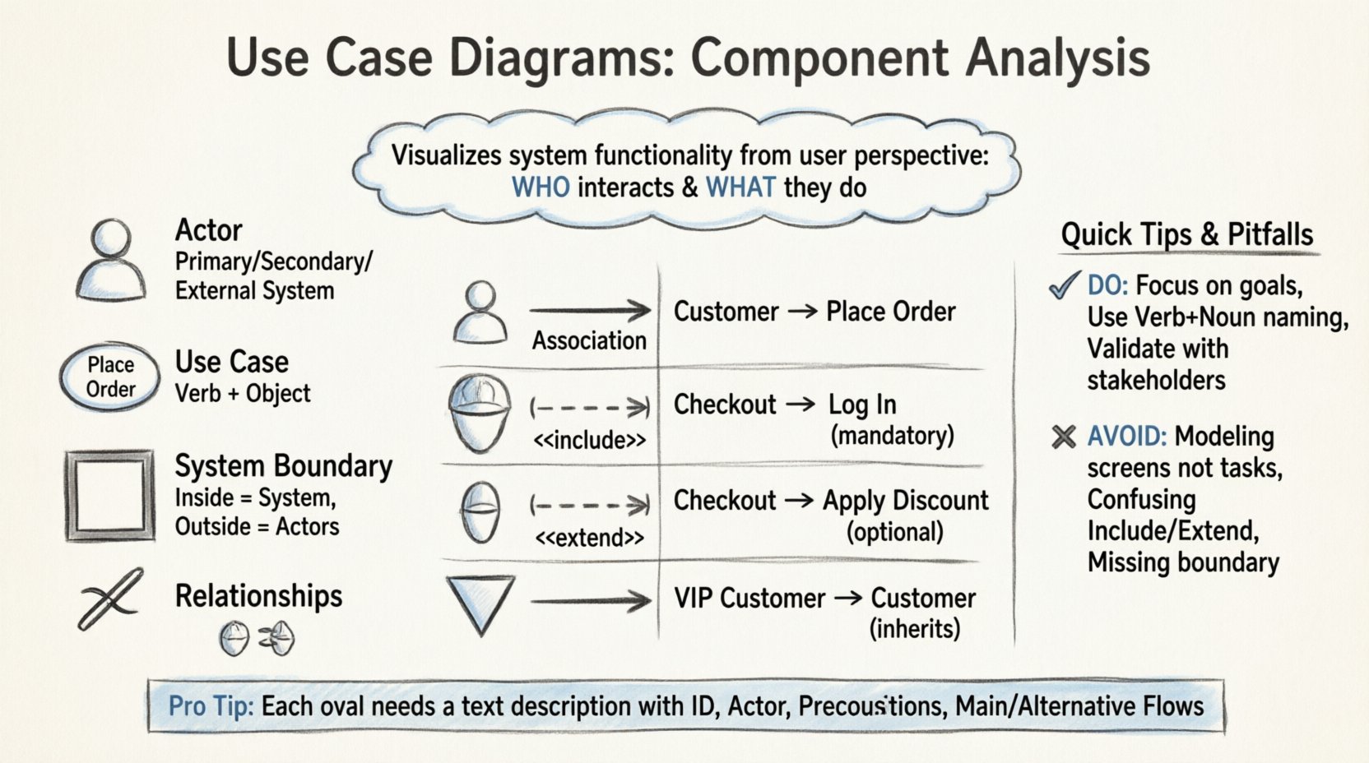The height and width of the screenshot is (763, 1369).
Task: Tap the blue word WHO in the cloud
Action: click(x=541, y=187)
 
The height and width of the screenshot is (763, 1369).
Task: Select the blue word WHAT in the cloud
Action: click(x=740, y=187)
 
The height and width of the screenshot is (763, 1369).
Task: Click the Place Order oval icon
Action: click(x=110, y=377)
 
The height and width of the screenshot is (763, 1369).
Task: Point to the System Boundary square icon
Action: click(x=110, y=495)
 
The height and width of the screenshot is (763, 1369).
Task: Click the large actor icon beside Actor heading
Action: click(x=111, y=260)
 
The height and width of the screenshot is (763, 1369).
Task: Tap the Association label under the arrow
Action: click(x=589, y=340)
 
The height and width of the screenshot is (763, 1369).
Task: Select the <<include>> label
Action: click(x=589, y=441)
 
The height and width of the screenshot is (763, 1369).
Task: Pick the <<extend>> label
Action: click(x=589, y=538)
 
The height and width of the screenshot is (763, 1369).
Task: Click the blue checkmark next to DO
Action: click(x=1064, y=286)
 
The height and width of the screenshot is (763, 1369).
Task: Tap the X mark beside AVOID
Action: click(x=1064, y=437)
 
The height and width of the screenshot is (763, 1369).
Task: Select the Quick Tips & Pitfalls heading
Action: click(x=1186, y=235)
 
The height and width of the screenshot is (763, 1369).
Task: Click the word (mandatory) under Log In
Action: click(x=892, y=435)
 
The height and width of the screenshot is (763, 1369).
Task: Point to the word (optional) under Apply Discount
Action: click(x=894, y=532)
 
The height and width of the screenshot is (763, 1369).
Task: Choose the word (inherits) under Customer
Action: click(x=915, y=629)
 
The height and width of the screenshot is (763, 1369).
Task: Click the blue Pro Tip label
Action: click(x=211, y=706)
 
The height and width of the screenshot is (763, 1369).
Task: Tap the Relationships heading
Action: click(x=258, y=596)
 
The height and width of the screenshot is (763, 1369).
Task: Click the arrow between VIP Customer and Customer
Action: click(x=847, y=599)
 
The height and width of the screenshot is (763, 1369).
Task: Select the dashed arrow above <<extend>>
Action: click(x=590, y=504)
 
